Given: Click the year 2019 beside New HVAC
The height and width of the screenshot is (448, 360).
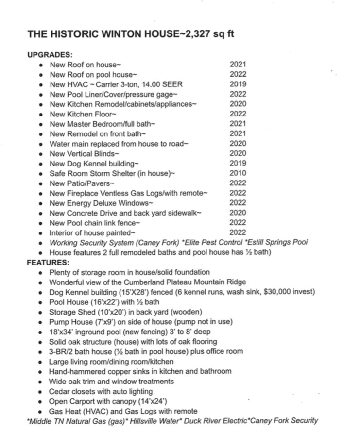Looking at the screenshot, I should (x=238, y=84).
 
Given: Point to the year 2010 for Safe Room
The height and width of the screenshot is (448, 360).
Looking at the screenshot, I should (x=238, y=173).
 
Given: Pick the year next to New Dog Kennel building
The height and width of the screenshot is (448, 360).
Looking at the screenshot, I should (x=238, y=163).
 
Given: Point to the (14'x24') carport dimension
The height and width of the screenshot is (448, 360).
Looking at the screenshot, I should (x=151, y=401).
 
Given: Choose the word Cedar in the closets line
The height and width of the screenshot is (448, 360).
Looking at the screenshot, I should (x=59, y=391).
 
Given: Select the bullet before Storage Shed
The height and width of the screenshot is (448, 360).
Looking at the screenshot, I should (x=41, y=312).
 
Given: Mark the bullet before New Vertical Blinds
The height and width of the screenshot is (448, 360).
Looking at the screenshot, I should (x=41, y=153).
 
